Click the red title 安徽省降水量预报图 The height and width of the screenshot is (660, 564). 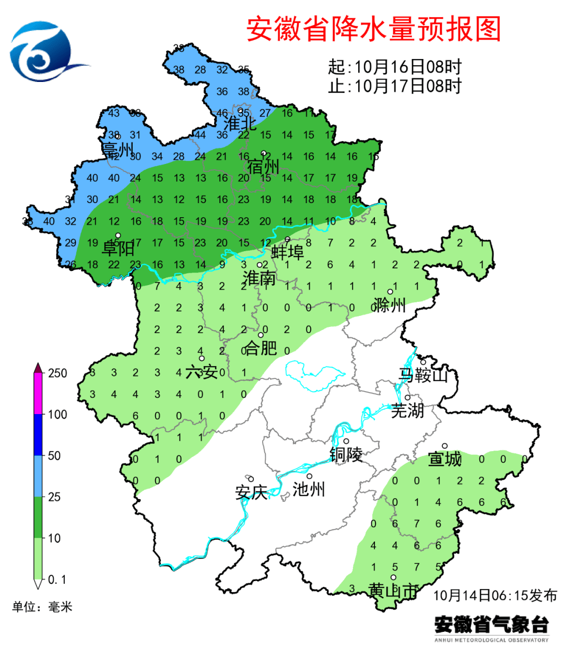pyautogui.click(x=373, y=29)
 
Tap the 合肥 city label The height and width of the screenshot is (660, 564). pyautogui.click(x=261, y=348)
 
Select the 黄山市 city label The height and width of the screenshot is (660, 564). pyautogui.click(x=393, y=591)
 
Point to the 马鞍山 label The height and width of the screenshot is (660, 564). pyautogui.click(x=424, y=374)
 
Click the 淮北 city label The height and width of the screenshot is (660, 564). pyautogui.click(x=240, y=124)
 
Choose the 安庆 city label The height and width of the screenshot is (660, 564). pyautogui.click(x=251, y=492)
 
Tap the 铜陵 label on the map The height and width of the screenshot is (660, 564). pyautogui.click(x=346, y=455)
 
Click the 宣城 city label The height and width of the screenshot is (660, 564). pyautogui.click(x=445, y=459)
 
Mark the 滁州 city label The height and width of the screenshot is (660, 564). pyautogui.click(x=390, y=305)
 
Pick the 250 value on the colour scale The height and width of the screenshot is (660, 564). pyautogui.click(x=57, y=373)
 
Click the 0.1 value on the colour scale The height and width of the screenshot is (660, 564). pyautogui.click(x=57, y=580)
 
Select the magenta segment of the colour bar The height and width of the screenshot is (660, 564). pyautogui.click(x=38, y=394)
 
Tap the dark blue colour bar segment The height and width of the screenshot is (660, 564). pyautogui.click(x=38, y=434)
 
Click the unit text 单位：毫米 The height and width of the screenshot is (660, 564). pyautogui.click(x=42, y=607)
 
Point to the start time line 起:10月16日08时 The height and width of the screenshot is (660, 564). pyautogui.click(x=395, y=67)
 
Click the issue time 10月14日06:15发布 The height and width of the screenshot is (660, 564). pyautogui.click(x=495, y=595)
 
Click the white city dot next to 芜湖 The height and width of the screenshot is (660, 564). pyautogui.click(x=408, y=398)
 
